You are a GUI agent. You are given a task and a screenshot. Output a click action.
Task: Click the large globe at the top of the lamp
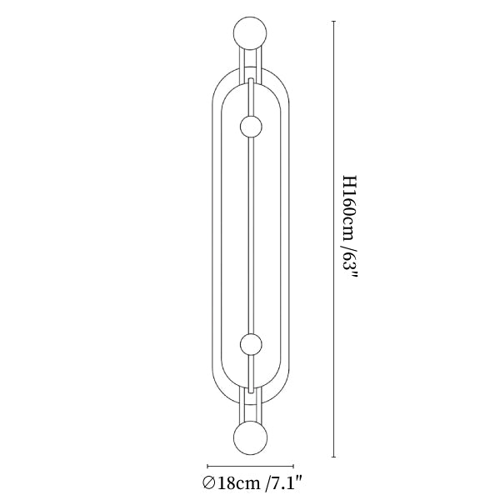point(250,33)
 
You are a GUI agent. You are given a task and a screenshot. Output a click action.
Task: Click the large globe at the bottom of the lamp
point(250,437)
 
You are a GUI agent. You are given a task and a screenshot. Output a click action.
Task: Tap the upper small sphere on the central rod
point(251,127)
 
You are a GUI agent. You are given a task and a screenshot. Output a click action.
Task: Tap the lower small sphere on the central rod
point(251,345)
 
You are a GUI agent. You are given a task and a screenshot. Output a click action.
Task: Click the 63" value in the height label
point(350,267)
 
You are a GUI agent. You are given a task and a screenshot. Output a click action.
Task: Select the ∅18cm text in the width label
point(231,483)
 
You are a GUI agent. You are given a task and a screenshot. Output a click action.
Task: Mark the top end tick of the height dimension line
point(334,21)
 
